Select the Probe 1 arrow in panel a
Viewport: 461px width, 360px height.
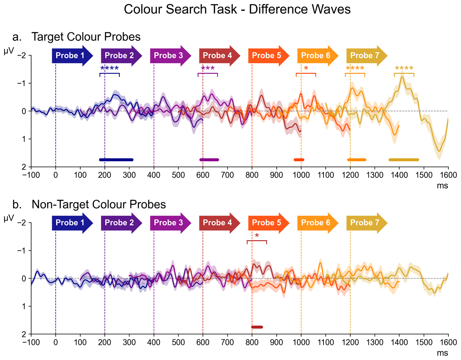[x=72, y=55]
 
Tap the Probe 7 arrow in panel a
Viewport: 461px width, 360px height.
[x=366, y=55]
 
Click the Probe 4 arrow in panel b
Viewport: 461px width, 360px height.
[x=219, y=223]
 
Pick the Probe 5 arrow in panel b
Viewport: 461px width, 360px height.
[x=269, y=223]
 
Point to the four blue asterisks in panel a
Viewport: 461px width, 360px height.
[x=109, y=69]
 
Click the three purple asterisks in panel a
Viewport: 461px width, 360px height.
[x=208, y=69]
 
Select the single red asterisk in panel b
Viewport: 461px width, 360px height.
[x=257, y=236]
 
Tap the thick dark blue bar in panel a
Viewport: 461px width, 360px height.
[x=116, y=159]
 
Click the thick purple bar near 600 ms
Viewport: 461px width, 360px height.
[x=209, y=159]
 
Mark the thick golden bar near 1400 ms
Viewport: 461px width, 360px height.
[x=404, y=159]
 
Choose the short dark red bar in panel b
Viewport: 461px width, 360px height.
[x=257, y=327]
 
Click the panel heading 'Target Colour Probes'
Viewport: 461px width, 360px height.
[x=86, y=37]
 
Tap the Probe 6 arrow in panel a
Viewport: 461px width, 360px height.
[x=318, y=55]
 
